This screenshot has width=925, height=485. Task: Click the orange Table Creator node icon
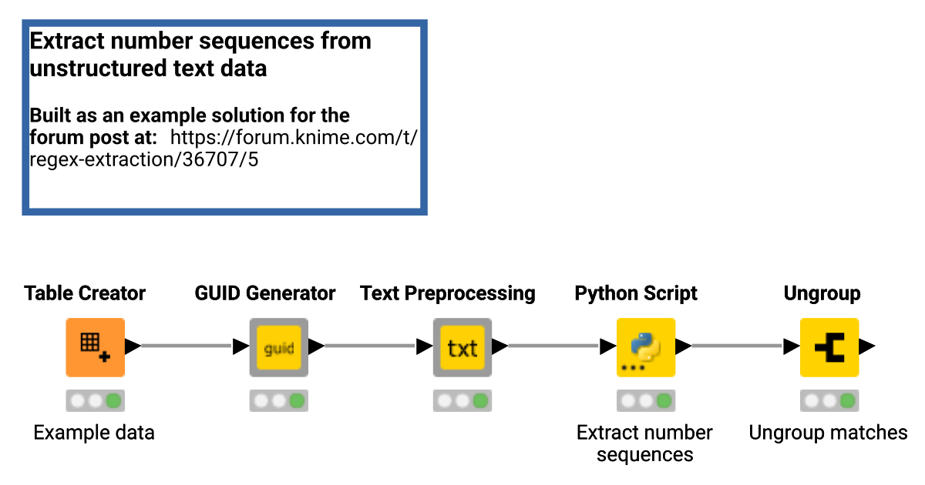click(95, 347)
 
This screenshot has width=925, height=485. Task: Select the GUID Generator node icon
click(278, 347)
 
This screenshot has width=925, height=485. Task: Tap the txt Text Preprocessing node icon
click(462, 347)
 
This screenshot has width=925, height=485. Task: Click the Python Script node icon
click(645, 347)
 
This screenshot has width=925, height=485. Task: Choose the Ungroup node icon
click(829, 347)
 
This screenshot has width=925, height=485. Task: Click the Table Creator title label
click(85, 293)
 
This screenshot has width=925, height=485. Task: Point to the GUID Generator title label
click(265, 293)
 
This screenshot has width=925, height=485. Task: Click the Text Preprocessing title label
click(448, 293)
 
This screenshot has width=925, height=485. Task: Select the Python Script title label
click(636, 293)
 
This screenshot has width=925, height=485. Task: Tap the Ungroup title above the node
click(822, 293)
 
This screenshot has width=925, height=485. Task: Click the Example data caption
click(94, 433)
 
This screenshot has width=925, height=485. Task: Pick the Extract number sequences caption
click(644, 443)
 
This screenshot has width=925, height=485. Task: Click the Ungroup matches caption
click(828, 433)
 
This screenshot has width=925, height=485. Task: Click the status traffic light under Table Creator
click(95, 401)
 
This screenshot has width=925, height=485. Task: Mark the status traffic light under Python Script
click(645, 401)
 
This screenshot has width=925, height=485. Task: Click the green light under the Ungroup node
click(846, 401)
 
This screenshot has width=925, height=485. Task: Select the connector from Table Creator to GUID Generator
click(187, 346)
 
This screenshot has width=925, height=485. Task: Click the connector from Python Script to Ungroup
click(737, 346)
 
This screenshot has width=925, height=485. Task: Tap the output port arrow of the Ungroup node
click(866, 346)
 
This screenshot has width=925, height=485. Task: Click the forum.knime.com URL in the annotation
click(293, 139)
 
